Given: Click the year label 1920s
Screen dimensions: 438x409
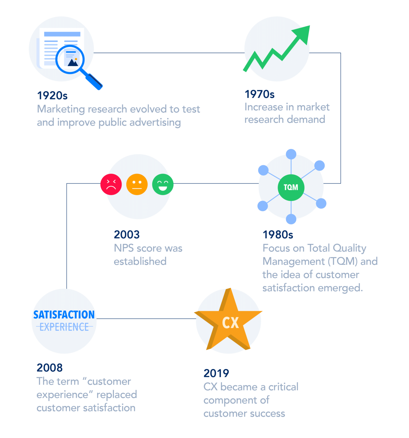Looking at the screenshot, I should tap(52, 96).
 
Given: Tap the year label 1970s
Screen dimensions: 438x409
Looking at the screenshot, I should tap(260, 94).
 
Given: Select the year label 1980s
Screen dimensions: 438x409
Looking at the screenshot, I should tap(278, 235).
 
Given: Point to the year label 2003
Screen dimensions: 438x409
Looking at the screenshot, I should tap(127, 235).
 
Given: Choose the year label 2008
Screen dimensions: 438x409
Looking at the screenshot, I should tap(49, 368).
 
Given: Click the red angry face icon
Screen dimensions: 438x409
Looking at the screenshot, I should tap(111, 184).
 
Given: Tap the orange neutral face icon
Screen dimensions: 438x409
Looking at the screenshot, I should tap(137, 184).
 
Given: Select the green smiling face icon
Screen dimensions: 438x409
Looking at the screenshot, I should tap(163, 184).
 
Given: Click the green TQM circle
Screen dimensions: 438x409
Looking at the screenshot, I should tap(291, 187).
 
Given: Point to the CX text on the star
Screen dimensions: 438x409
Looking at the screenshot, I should tap(230, 323).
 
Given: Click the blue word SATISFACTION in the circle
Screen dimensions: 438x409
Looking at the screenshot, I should tap(64, 315).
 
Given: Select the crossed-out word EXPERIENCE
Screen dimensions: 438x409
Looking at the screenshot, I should tap(64, 327).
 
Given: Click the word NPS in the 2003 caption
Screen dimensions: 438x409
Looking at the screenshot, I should tap(124, 248).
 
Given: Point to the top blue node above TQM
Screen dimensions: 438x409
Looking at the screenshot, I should tap(291, 154).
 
